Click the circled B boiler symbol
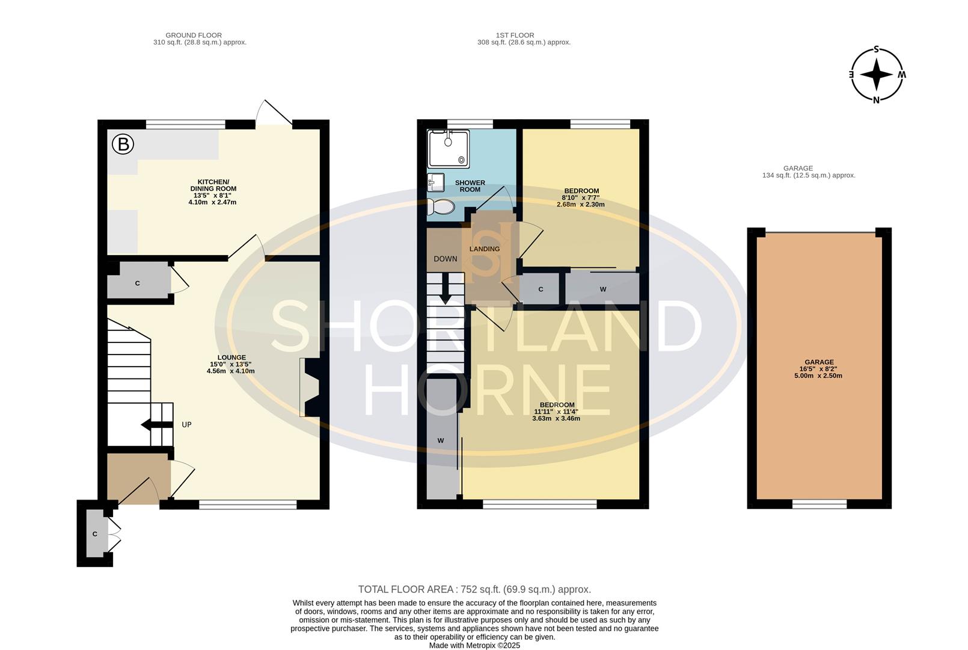coord(123,144)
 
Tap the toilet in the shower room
coord(441,207)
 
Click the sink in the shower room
coord(436,181)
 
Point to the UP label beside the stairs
coord(186,425)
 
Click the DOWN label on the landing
coord(446,259)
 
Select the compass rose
coord(877,75)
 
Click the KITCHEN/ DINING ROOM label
coord(213,185)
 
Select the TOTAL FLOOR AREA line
coord(474,589)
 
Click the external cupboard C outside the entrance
coord(95,534)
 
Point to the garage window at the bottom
coord(819,504)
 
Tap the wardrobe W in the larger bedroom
coord(441,441)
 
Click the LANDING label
coord(484,249)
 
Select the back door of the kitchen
coord(274,115)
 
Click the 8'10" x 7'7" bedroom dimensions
coord(581,197)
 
